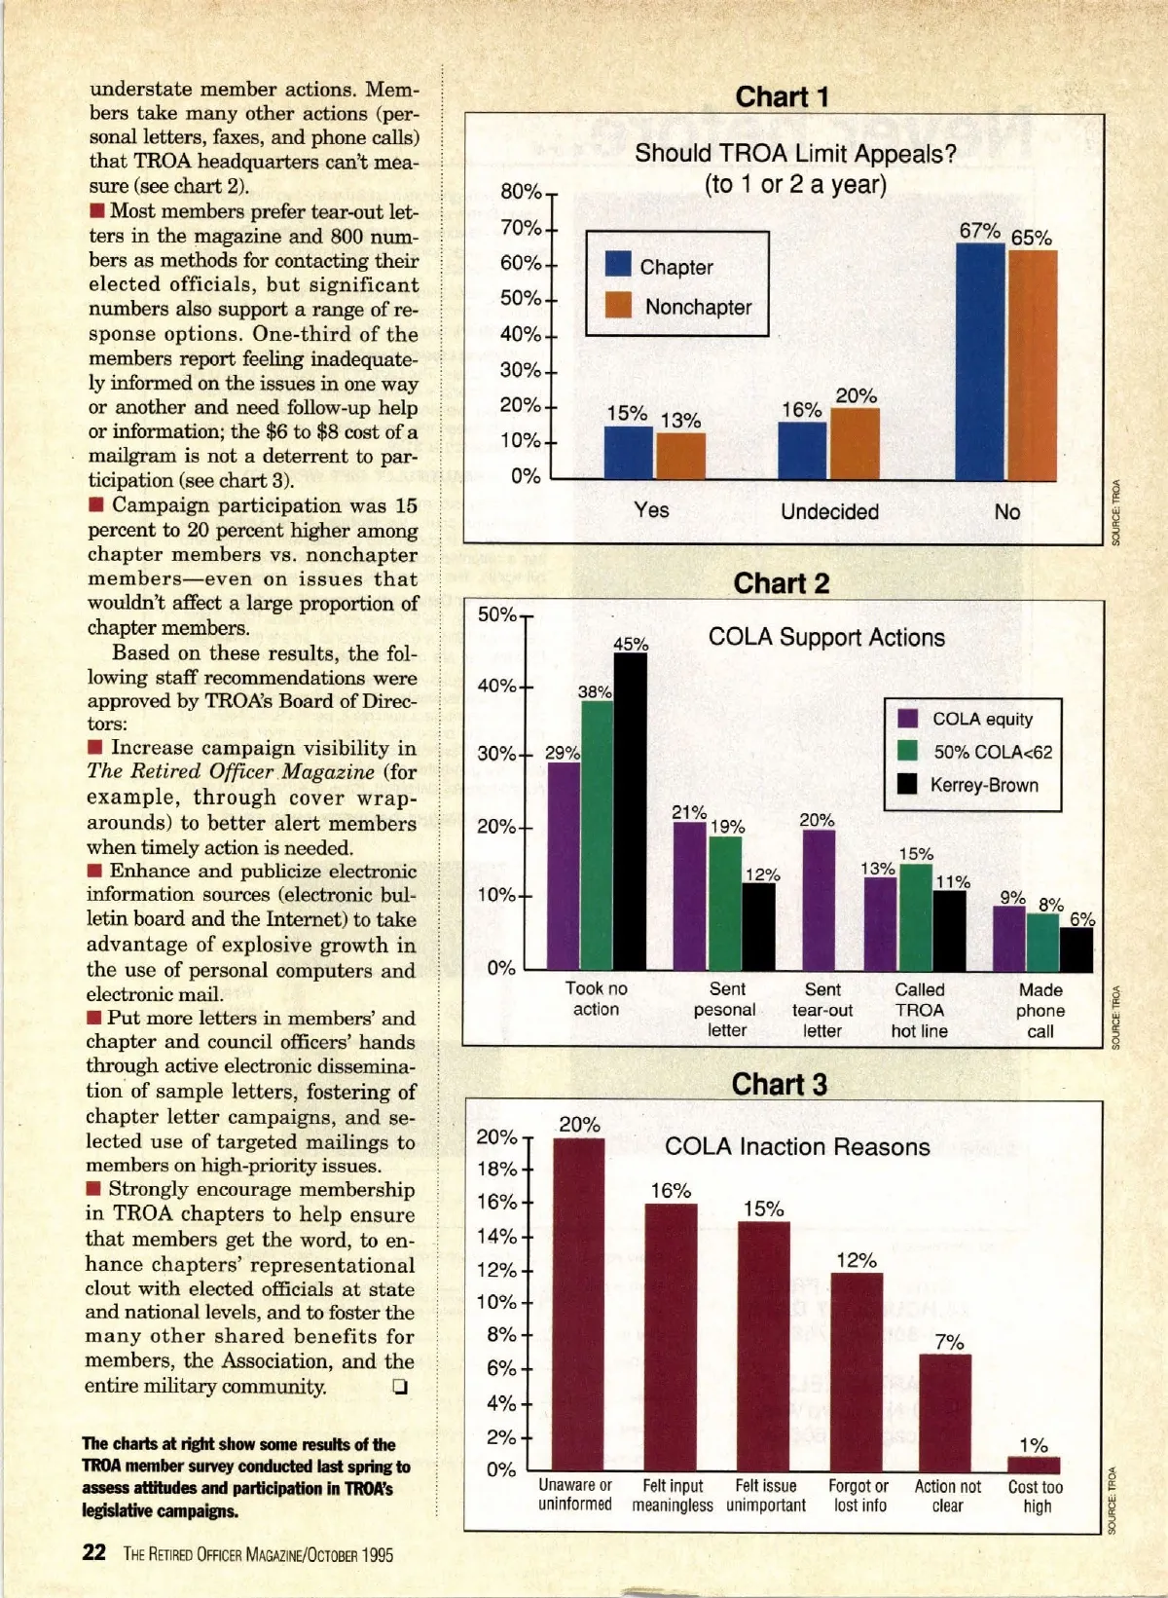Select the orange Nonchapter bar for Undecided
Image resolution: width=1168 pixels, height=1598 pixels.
click(x=855, y=443)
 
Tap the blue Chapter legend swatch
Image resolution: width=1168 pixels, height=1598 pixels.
click(x=618, y=264)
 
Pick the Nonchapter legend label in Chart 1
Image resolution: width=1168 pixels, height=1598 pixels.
click(x=698, y=307)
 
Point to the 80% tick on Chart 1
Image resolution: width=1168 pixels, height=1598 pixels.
click(x=522, y=192)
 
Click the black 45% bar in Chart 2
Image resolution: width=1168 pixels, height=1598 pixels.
click(x=630, y=811)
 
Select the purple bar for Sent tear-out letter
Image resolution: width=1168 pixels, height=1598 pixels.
click(x=819, y=900)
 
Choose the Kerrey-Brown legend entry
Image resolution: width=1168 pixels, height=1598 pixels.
click(x=983, y=785)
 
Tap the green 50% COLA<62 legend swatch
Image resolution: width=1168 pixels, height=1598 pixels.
click(x=907, y=751)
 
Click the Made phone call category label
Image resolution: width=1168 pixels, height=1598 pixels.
click(x=1040, y=1010)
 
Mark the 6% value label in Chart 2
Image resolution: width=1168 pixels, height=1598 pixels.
click(x=1081, y=919)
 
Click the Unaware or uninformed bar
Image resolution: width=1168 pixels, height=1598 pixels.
click(x=578, y=1304)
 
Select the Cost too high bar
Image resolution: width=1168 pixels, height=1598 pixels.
click(x=1033, y=1465)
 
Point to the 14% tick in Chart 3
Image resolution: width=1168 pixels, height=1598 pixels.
click(x=496, y=1236)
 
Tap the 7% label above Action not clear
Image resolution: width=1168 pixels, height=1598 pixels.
click(x=949, y=1342)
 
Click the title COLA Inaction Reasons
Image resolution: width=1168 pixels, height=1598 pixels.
click(x=796, y=1146)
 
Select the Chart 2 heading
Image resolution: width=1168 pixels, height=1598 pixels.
click(x=781, y=582)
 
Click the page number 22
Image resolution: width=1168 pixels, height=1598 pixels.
click(x=93, y=1552)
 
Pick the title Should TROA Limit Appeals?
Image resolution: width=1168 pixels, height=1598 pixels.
click(x=795, y=154)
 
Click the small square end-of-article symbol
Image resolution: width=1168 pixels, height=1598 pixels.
click(x=399, y=1387)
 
